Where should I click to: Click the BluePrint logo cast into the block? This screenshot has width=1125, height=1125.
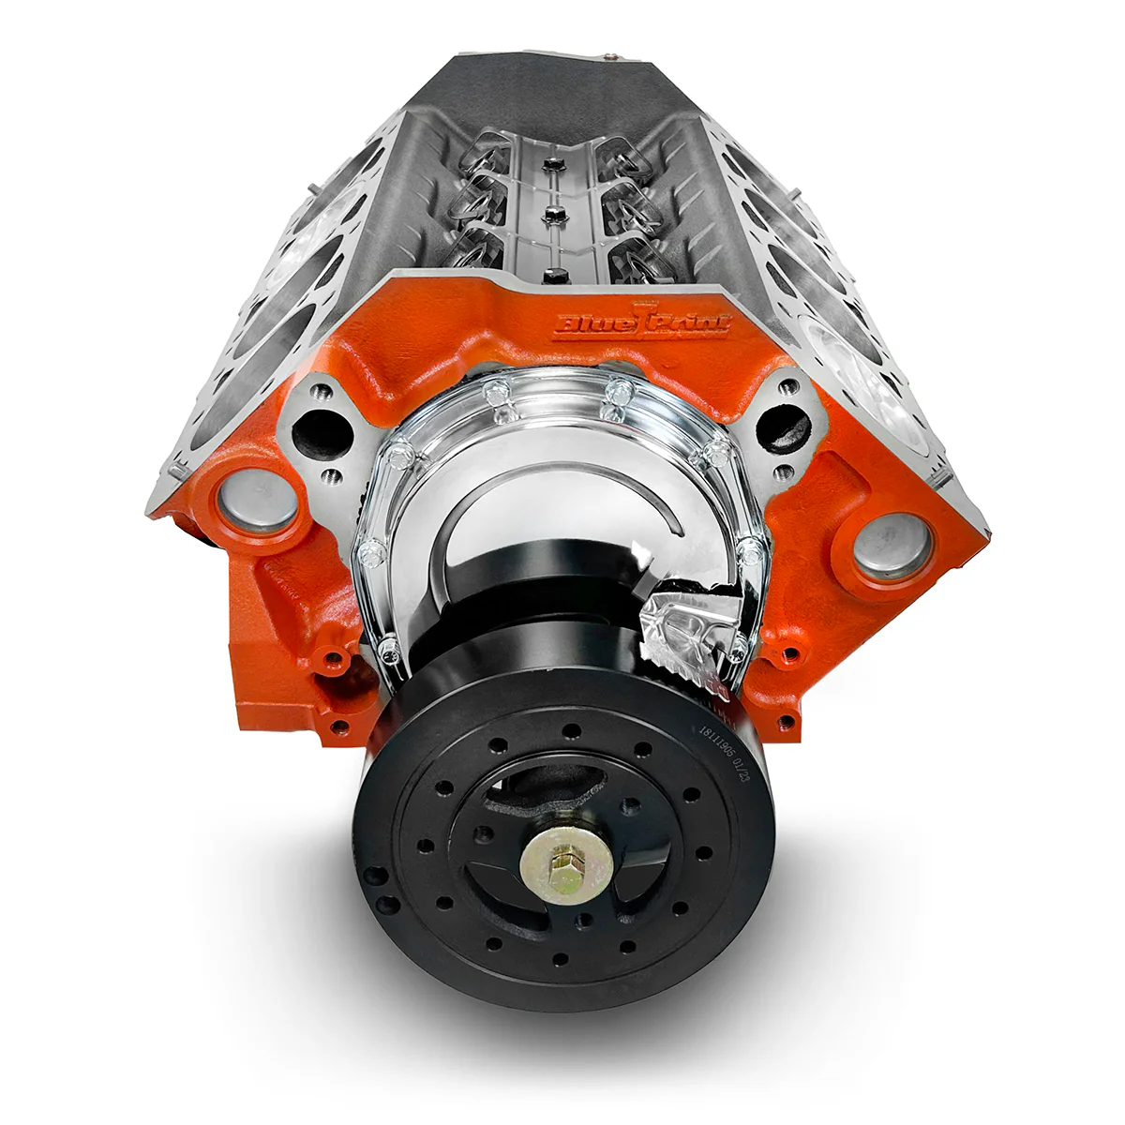coord(643,322)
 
